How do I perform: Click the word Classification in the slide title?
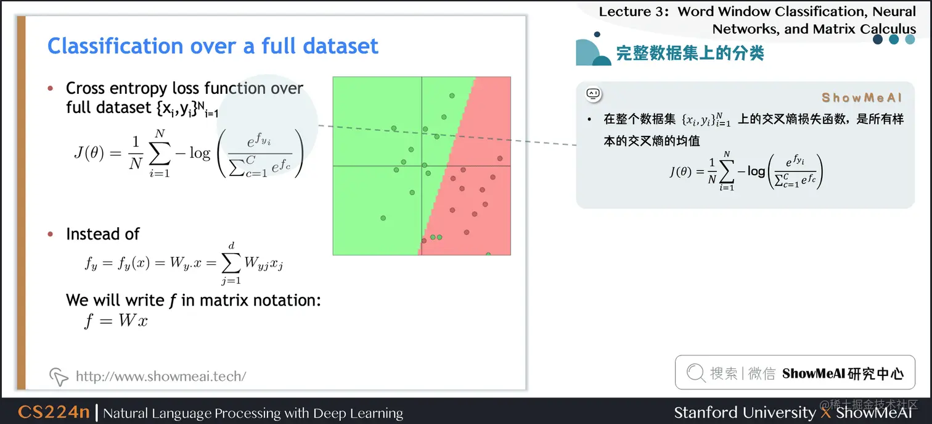coord(115,46)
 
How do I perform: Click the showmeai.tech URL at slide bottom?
coord(161,376)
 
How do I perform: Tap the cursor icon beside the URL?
coord(59,376)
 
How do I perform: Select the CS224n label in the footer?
coord(54,412)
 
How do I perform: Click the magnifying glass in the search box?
coord(695,372)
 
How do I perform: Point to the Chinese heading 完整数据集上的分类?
coord(690,53)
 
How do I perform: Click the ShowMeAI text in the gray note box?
coord(862,98)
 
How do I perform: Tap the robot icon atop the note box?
coord(594,94)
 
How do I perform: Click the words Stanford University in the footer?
coord(745,412)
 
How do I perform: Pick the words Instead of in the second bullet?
coord(103,234)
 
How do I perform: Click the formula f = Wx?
coord(116,321)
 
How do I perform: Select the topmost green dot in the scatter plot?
coord(452,96)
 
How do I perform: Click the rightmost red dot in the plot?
coord(500,158)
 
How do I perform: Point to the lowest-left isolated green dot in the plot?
coord(383,218)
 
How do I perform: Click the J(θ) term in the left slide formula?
coord(89,153)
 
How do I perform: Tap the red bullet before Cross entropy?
coord(51,88)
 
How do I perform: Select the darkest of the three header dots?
coord(878,39)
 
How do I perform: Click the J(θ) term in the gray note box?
coord(681,172)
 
